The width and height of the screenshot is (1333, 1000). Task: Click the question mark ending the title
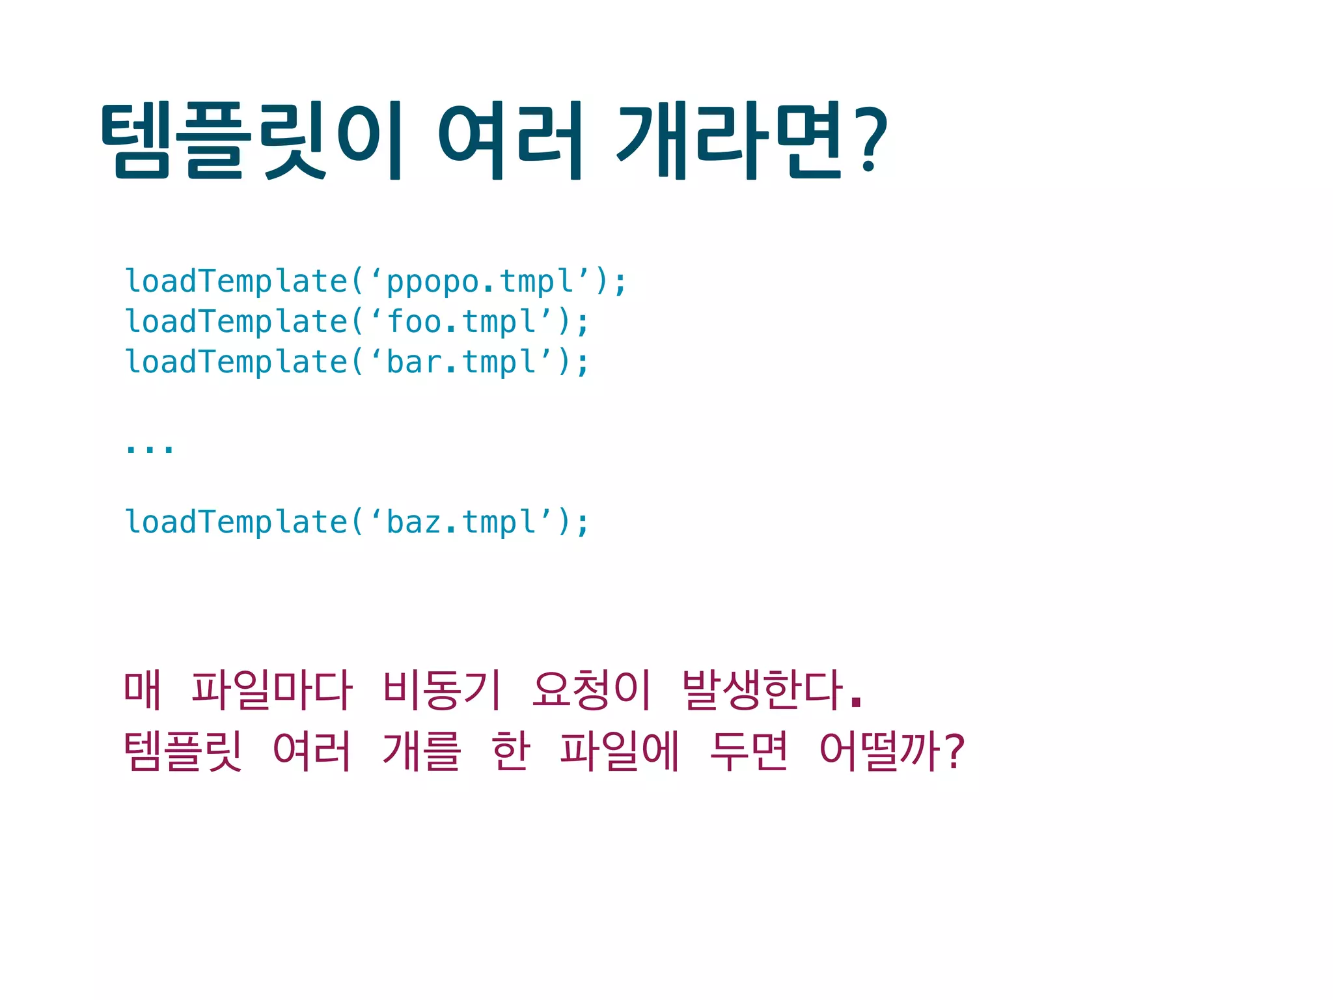pyautogui.click(x=871, y=141)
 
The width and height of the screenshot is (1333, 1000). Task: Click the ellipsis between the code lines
pyautogui.click(x=150, y=448)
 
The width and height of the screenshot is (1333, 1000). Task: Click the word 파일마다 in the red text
pyautogui.click(x=271, y=690)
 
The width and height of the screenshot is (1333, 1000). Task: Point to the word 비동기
pyautogui.click(x=442, y=690)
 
